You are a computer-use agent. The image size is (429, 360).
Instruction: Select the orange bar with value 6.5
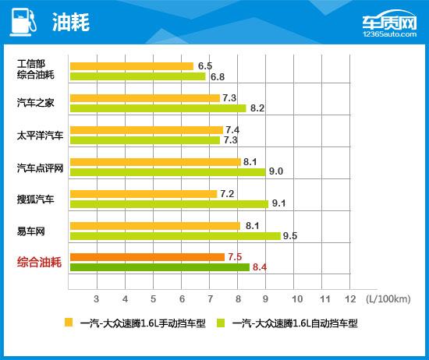131,66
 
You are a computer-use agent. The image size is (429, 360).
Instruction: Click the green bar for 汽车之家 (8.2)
158,108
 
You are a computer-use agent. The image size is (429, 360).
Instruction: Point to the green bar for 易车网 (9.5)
175,235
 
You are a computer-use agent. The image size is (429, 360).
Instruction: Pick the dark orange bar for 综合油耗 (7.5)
147,257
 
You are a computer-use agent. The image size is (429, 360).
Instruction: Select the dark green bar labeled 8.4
159,267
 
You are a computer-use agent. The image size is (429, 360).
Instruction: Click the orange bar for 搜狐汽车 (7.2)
143,193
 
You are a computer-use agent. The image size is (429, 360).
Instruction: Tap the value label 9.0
275,172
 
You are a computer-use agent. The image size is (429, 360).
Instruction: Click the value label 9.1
278,204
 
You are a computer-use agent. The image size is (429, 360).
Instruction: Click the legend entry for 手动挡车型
136,323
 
